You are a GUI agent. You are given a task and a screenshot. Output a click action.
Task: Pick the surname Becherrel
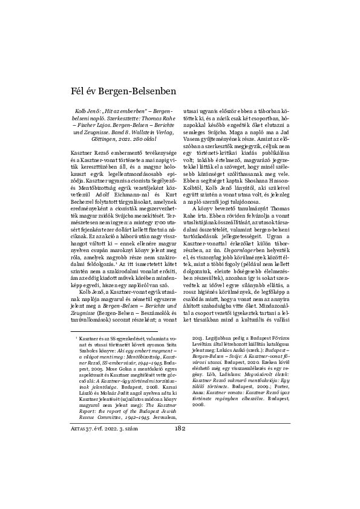click(x=87, y=203)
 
